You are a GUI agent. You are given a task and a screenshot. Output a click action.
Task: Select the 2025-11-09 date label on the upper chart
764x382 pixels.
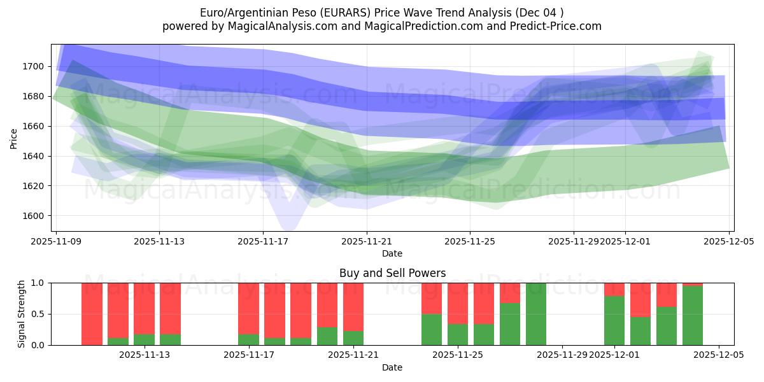[56, 242]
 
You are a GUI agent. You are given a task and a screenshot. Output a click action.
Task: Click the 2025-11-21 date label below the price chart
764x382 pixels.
[367, 242]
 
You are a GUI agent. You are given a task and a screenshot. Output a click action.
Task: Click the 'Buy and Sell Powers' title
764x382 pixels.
[392, 273]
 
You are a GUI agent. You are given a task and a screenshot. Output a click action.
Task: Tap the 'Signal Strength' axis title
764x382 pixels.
[22, 314]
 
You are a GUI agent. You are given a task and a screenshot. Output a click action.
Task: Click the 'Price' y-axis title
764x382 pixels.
[14, 138]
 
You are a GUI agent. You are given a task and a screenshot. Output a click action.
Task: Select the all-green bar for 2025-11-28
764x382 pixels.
[536, 314]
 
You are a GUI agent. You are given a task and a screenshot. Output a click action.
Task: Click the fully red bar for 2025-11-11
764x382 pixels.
[92, 314]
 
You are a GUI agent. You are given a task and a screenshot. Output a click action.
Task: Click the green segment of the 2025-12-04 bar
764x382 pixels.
[693, 316]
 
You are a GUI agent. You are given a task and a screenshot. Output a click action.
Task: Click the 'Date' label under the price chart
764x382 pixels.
[392, 253]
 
